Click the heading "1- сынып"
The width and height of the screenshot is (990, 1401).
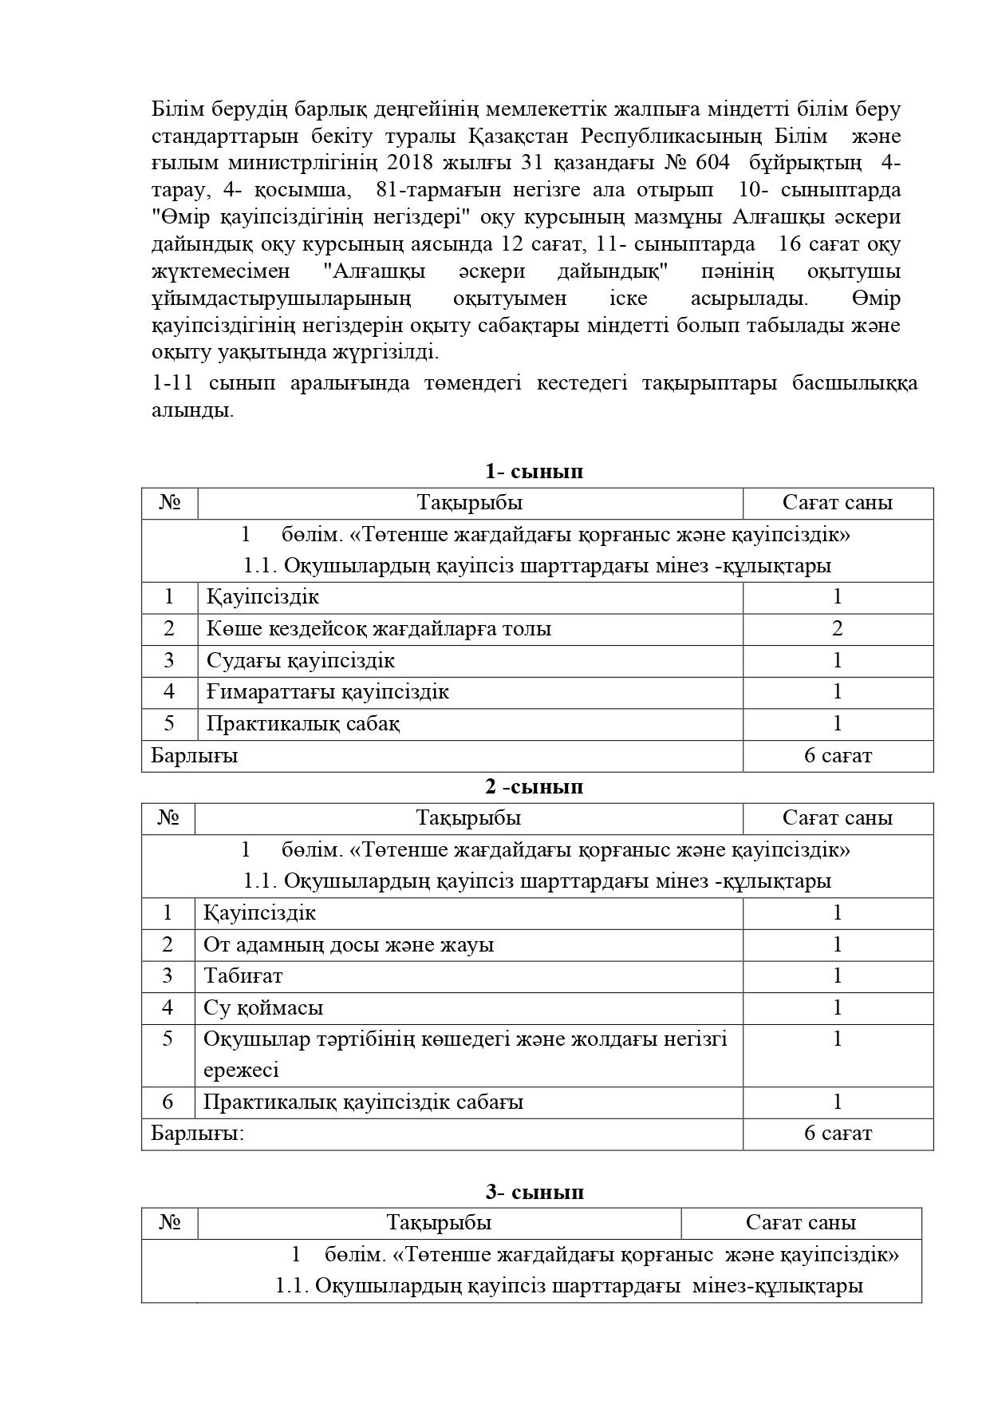tap(534, 472)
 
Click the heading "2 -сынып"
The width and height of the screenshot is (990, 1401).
tap(534, 787)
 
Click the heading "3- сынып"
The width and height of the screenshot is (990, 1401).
tap(534, 1192)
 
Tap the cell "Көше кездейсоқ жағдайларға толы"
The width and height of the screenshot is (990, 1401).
tap(379, 629)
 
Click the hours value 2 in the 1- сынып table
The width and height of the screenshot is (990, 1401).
tap(837, 629)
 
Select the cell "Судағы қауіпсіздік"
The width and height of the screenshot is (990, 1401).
tap(301, 661)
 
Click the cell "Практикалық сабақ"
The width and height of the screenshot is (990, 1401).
tap(303, 724)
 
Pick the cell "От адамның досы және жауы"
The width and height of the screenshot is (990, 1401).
tap(349, 945)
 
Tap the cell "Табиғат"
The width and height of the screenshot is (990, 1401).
tap(243, 976)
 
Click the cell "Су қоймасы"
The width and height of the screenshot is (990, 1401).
tap(263, 1008)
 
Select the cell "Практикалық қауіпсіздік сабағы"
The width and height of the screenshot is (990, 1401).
tap(363, 1102)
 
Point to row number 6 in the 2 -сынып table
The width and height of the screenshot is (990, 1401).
tap(168, 1102)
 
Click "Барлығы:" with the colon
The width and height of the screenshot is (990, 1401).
tap(197, 1134)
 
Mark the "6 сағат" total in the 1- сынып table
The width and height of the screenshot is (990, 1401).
tap(838, 756)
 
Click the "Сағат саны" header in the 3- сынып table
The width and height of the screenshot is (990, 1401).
tap(801, 1223)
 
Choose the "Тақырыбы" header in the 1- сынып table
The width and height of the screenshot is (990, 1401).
tap(470, 503)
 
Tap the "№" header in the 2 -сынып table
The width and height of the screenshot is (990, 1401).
tap(168, 818)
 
